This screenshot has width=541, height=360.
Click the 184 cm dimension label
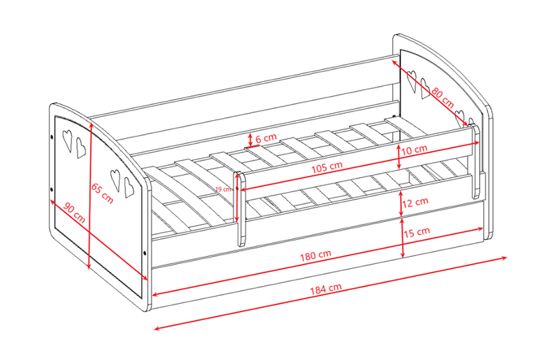click(326, 288)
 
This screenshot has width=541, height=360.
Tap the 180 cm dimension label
click(315, 255)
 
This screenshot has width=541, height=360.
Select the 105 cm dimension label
click(327, 167)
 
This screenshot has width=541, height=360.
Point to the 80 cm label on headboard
click(443, 97)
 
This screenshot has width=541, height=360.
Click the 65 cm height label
click(102, 193)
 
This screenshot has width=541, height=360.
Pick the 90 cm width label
click(75, 213)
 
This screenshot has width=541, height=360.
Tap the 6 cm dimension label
click(266, 138)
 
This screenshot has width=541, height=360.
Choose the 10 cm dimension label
click(414, 150)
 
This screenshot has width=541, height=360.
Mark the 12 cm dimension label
click(416, 202)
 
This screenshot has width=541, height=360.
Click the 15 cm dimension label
click(417, 232)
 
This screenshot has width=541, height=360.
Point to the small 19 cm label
click(224, 189)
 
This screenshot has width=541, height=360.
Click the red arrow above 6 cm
click(251, 139)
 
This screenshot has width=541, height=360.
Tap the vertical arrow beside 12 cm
click(401, 203)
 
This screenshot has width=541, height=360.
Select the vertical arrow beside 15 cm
click(402, 238)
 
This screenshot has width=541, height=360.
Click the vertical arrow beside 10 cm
click(399, 157)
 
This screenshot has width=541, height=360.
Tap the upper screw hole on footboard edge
click(52, 137)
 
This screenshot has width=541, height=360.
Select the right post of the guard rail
click(475, 161)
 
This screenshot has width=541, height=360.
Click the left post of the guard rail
click(241, 208)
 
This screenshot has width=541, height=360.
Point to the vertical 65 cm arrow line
click(90, 196)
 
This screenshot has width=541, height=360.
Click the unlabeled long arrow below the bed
click(330, 293)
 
